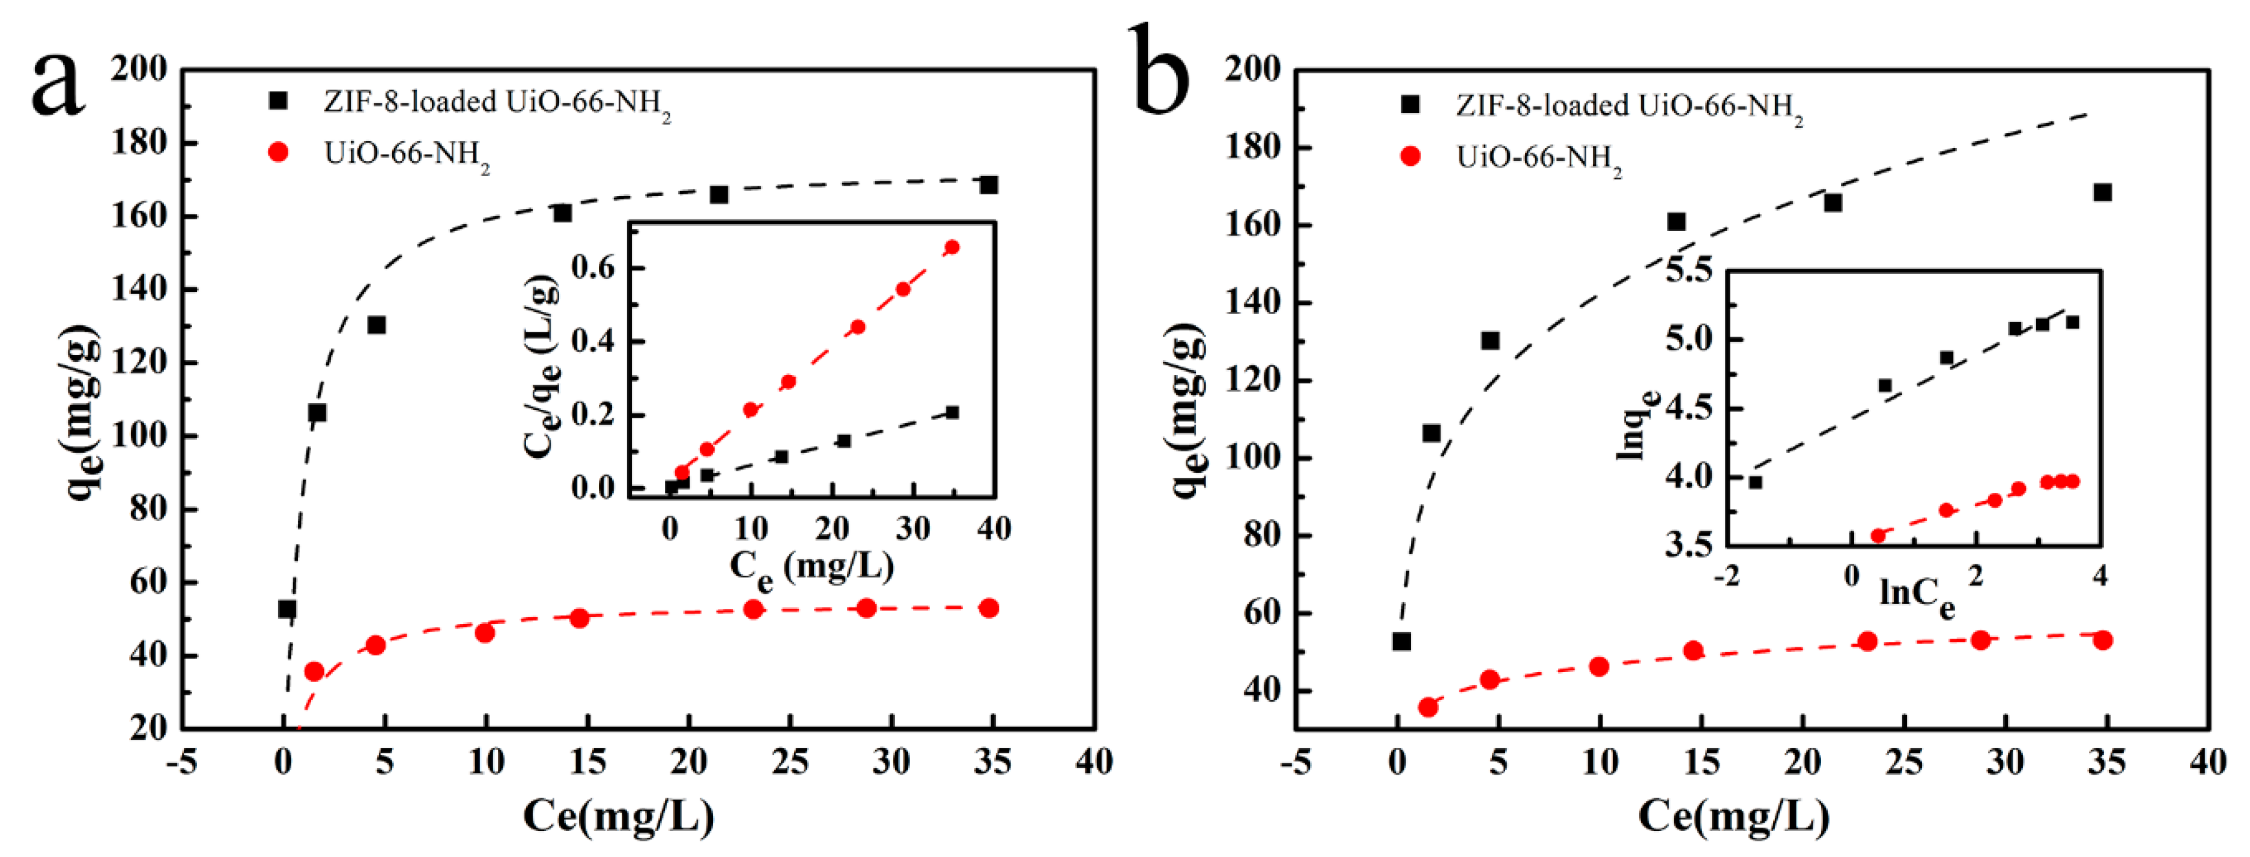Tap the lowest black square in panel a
[287, 609]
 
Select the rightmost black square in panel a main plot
[989, 185]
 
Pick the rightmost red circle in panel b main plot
[2102, 641]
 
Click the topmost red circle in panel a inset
[952, 247]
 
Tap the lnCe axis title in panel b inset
[1916, 594]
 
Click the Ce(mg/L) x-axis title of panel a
[619, 815]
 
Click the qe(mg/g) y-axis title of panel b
[1188, 410]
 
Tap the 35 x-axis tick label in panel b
[2106, 762]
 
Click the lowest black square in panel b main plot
[1401, 641]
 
